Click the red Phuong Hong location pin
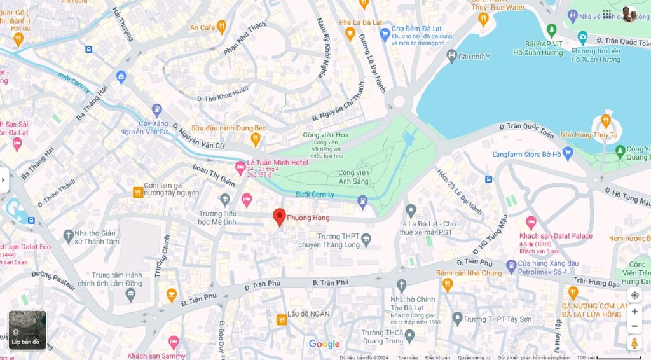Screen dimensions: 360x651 coord(279,216)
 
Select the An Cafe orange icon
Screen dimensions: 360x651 coord(221,26)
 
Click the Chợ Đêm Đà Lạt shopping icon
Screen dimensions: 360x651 coord(384,34)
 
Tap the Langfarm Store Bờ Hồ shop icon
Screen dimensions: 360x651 coord(568,153)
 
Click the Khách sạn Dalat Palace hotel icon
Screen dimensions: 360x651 coord(531,223)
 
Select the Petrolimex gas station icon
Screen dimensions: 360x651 coord(511,265)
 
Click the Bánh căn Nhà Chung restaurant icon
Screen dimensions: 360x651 coord(448,284)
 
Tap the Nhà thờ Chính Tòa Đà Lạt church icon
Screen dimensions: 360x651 coord(401,284)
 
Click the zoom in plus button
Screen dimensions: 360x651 coord(634,312)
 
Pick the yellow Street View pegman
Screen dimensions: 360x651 coord(634,343)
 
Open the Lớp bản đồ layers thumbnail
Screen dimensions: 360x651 coord(27,329)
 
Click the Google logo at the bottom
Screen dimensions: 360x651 coord(324,344)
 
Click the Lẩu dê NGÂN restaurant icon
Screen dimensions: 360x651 coord(280,320)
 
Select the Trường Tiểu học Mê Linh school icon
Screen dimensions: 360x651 coord(224,199)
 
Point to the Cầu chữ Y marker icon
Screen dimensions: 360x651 coord(451,56)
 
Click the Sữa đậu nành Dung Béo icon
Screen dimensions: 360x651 coord(256,139)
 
